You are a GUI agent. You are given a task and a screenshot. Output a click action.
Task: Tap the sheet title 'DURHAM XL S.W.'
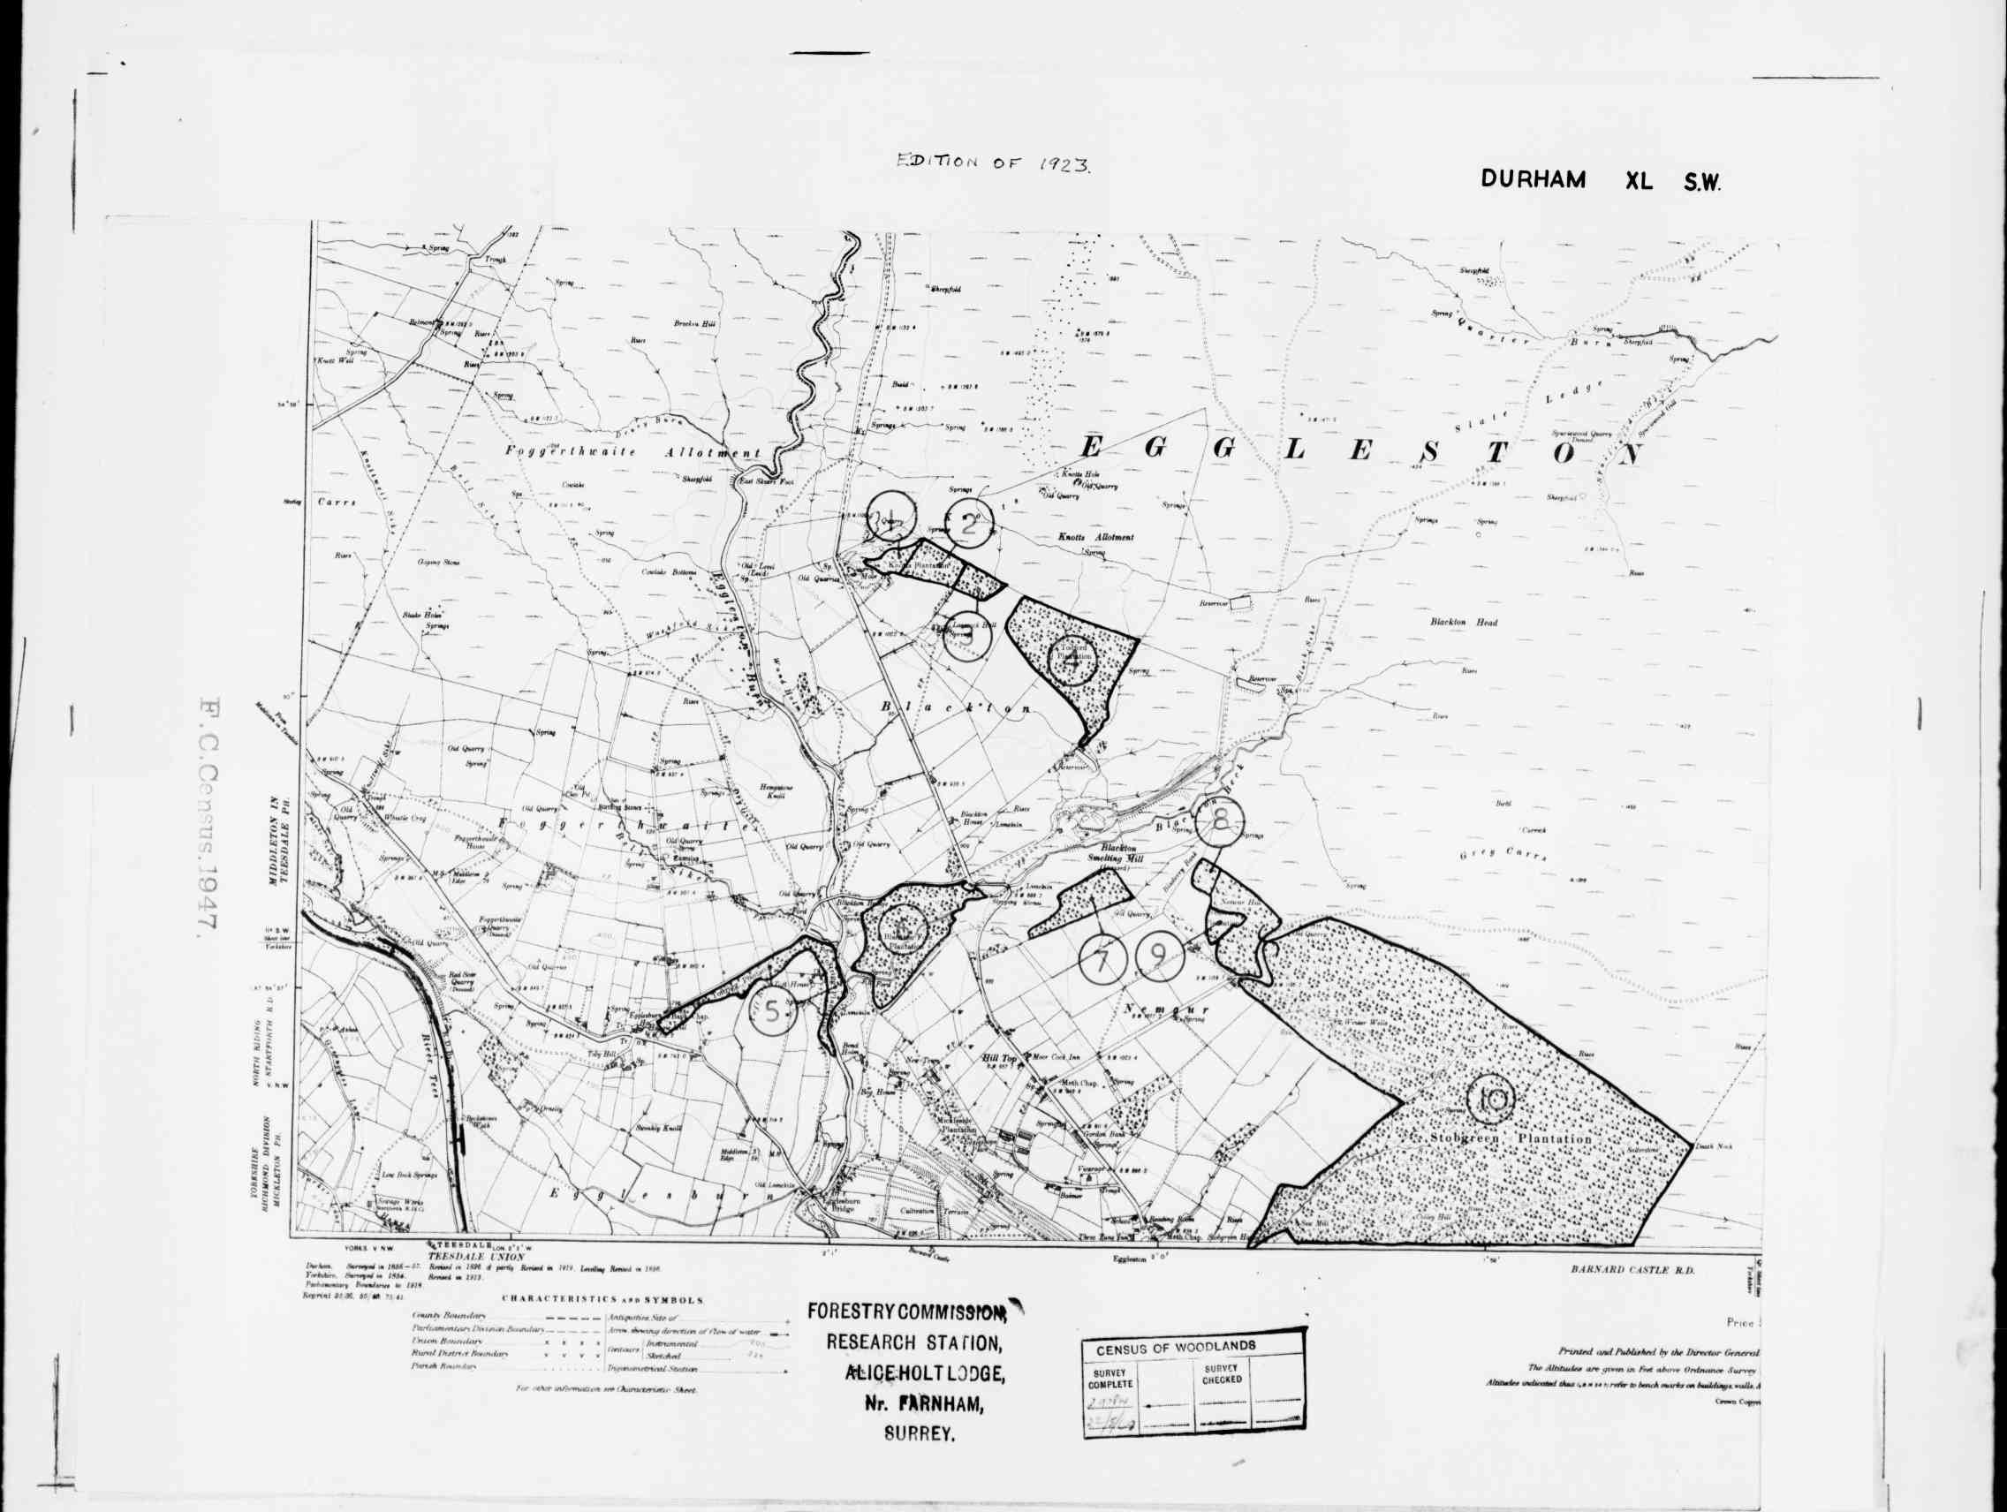[x=1601, y=179]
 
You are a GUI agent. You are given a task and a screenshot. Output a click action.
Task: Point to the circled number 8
[x=1220, y=821]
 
